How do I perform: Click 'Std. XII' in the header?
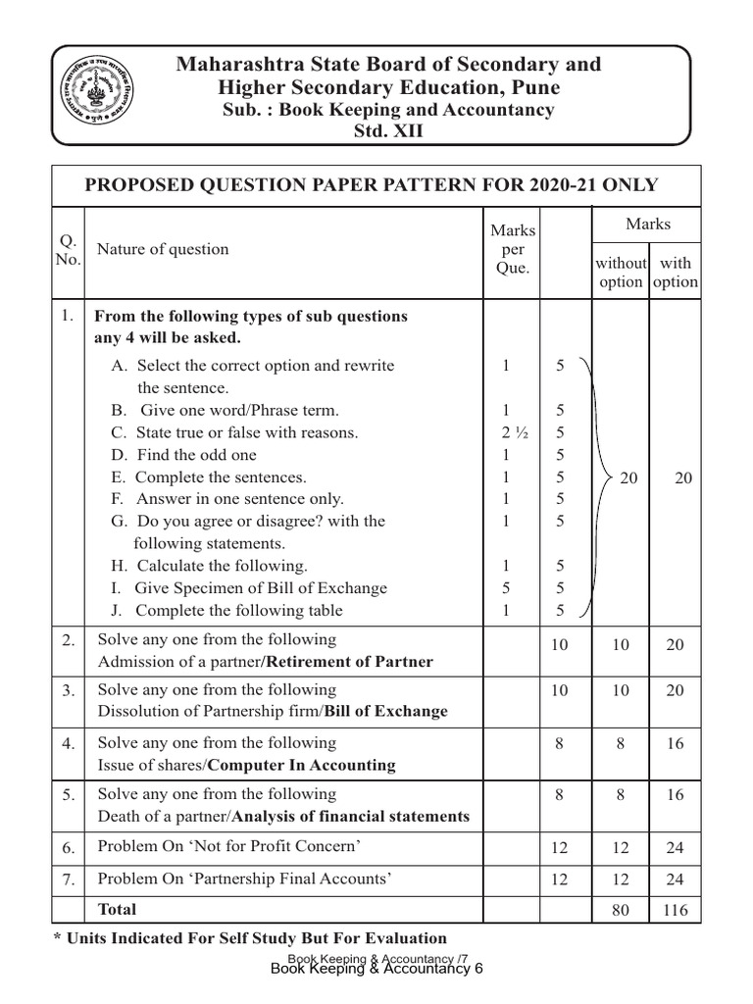tap(389, 131)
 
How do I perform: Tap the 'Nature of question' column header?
tap(162, 249)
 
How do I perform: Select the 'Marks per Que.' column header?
tap(512, 249)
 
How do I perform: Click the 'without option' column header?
tap(621, 272)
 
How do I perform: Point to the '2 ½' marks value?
tap(507, 432)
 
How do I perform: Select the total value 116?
tap(676, 910)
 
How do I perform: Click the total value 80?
tap(620, 910)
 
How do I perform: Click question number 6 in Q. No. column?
tap(68, 847)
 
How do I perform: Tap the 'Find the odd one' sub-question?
tap(183, 455)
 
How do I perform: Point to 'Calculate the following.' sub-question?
tap(209, 566)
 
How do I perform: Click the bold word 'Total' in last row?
tap(117, 909)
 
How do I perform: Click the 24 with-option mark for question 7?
tap(676, 879)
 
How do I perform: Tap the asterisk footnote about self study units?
tap(250, 938)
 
